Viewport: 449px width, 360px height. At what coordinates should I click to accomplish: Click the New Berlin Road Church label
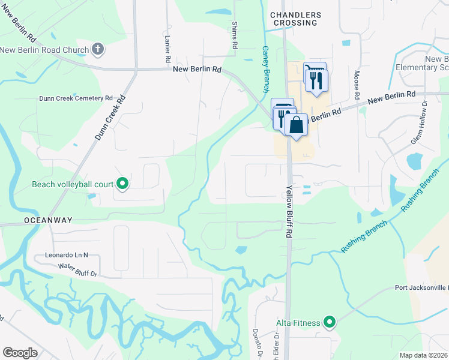(44, 49)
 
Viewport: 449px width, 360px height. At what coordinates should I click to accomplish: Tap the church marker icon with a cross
(98, 49)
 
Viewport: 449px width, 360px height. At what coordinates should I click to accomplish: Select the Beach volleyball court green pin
(122, 184)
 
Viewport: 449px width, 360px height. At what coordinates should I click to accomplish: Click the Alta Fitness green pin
(329, 323)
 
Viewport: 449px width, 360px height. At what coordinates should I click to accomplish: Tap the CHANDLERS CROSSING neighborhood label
(295, 19)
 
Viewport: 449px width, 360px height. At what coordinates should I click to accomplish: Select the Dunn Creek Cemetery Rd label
(76, 98)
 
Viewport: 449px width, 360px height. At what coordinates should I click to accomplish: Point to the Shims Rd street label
(235, 35)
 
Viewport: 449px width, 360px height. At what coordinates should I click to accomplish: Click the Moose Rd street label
(357, 85)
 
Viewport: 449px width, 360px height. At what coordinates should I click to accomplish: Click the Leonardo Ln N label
(66, 255)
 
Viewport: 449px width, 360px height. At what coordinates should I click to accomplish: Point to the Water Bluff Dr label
(77, 269)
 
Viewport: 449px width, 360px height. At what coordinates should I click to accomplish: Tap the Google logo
(20, 353)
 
